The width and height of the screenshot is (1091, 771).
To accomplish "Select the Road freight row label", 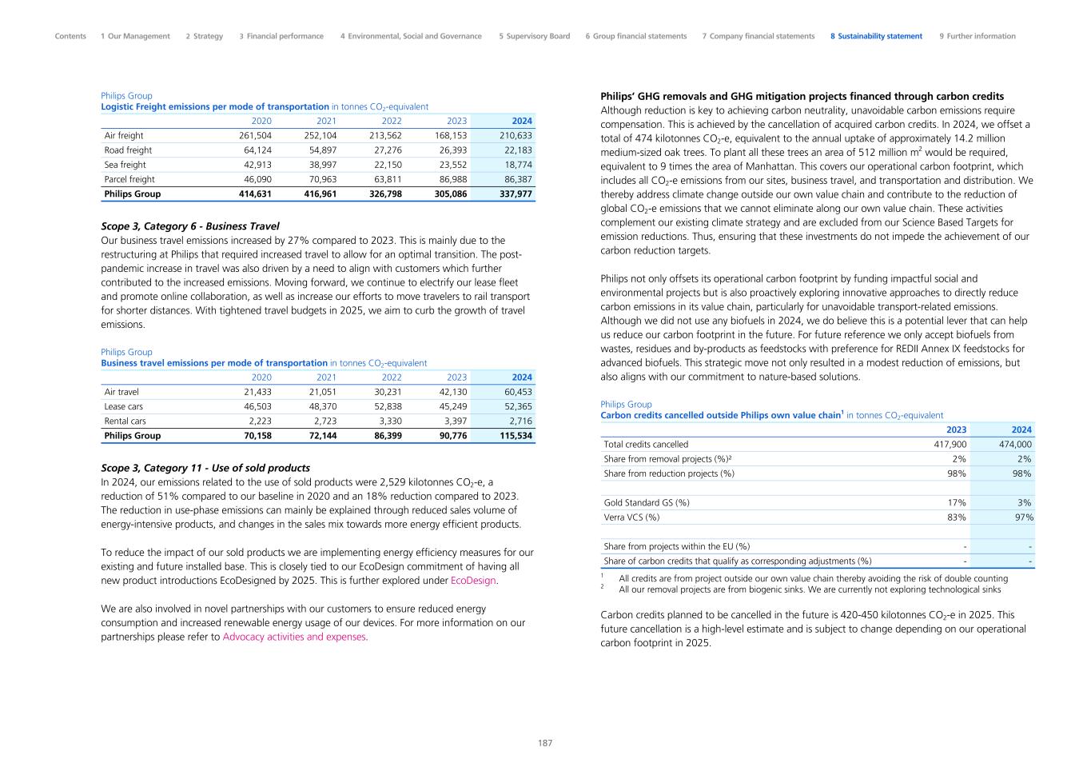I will tap(128, 150).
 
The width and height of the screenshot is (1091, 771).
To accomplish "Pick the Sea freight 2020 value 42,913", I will tap(257, 165).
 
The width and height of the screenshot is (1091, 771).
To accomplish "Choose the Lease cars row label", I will tap(124, 406).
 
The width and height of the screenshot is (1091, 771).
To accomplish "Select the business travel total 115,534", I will tap(516, 436).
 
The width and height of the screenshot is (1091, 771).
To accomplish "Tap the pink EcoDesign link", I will tap(473, 581).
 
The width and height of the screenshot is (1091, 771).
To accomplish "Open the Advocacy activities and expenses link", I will tap(294, 637).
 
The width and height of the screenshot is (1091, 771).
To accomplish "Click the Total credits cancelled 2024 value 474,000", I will tap(1015, 445).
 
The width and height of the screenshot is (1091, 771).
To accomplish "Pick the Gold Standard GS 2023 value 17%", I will tap(956, 503).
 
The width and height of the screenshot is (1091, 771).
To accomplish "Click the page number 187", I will tap(545, 743).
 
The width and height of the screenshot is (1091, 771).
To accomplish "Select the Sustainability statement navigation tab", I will tap(876, 36).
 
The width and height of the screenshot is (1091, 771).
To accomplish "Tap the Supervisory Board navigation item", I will tap(534, 36).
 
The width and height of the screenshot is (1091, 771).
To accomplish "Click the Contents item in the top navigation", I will tap(70, 36).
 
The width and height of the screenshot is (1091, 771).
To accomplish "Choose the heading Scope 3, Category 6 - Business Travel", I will tap(190, 226).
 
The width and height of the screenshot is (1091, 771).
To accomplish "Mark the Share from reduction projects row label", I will tap(669, 473).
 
